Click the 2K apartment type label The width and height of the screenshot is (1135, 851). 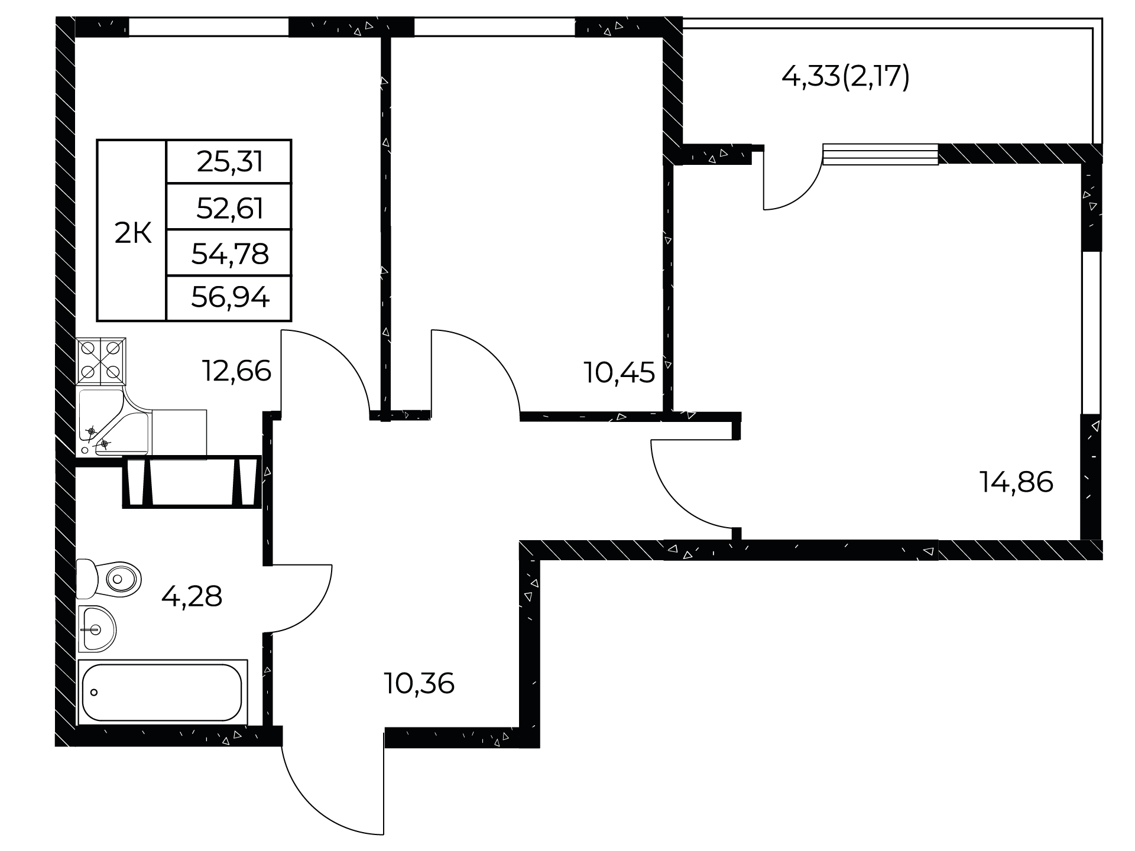click(x=133, y=235)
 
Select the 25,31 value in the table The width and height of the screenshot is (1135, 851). click(x=230, y=161)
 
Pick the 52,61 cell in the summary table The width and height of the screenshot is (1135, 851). click(x=230, y=208)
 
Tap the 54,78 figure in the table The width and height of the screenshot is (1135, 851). click(x=230, y=254)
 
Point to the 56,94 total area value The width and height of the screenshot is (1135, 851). click(x=230, y=298)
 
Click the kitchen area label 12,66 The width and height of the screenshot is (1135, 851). click(x=236, y=371)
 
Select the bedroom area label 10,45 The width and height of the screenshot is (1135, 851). click(x=620, y=372)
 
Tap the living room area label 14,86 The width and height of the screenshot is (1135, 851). click(x=1016, y=482)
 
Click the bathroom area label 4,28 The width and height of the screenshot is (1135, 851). click(x=192, y=596)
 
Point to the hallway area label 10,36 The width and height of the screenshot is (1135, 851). click(x=419, y=684)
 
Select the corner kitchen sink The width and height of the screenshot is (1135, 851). click(x=113, y=423)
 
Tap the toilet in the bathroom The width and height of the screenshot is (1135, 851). click(x=109, y=578)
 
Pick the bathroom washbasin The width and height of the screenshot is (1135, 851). click(x=97, y=629)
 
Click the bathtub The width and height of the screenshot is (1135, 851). click(x=162, y=692)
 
